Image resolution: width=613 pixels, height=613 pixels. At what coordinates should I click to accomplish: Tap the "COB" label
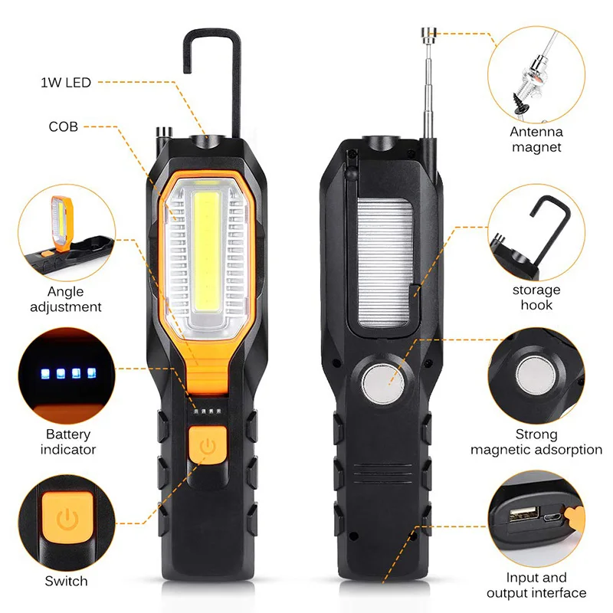(63, 126)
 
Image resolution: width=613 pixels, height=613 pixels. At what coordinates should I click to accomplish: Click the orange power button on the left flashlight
(205, 446)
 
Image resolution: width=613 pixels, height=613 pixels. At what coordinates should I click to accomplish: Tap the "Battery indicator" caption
(67, 441)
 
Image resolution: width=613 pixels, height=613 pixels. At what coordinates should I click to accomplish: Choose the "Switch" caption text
(66, 582)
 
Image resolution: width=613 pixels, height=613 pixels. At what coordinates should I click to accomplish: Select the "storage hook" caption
(536, 297)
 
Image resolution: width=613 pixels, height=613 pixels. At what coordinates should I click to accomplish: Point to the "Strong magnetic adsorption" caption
(536, 441)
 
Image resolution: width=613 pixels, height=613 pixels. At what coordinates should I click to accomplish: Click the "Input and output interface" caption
(536, 585)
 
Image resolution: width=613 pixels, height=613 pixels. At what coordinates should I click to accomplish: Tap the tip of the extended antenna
(428, 31)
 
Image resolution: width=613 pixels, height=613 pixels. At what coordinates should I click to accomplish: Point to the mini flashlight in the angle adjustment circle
(57, 225)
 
